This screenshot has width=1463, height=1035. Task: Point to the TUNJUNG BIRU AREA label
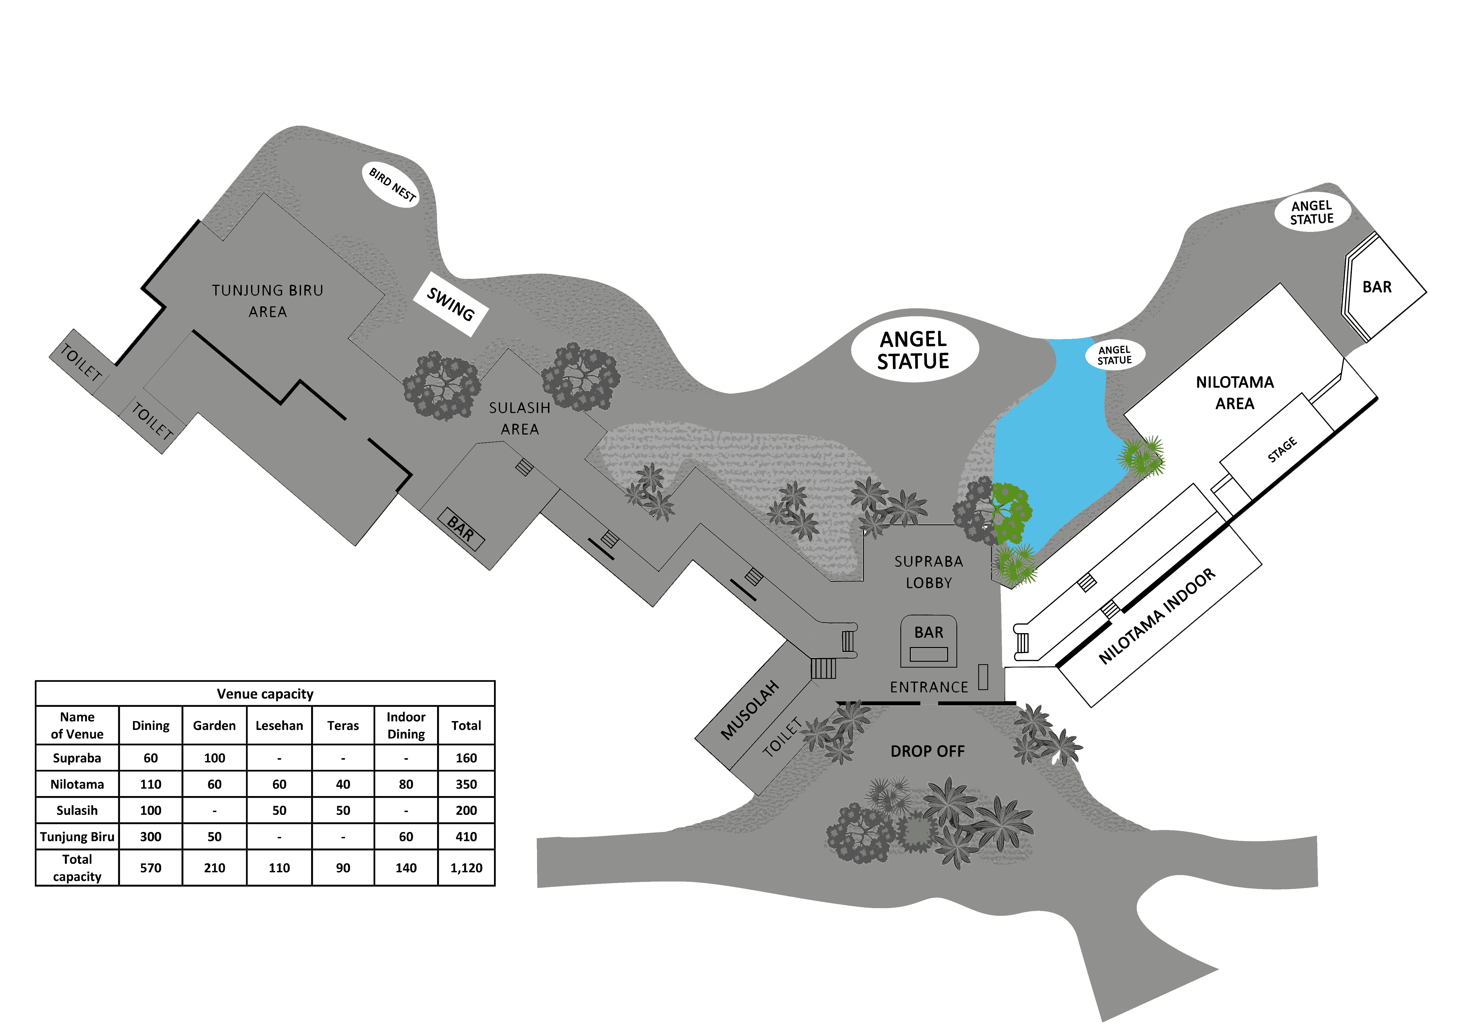click(268, 301)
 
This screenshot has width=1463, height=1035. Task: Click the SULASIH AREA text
click(519, 418)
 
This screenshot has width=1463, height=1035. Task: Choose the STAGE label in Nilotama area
click(1282, 449)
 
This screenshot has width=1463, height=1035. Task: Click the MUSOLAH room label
click(749, 710)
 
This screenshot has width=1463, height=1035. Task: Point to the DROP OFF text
click(927, 751)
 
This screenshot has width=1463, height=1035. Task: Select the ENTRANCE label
click(928, 687)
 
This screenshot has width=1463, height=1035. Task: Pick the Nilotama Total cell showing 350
click(466, 784)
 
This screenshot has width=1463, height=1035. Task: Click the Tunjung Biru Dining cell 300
click(150, 837)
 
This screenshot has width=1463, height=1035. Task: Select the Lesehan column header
click(279, 725)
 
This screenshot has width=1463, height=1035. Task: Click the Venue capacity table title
click(265, 693)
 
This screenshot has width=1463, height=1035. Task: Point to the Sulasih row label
click(77, 811)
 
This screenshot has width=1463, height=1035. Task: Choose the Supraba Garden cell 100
click(214, 758)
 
